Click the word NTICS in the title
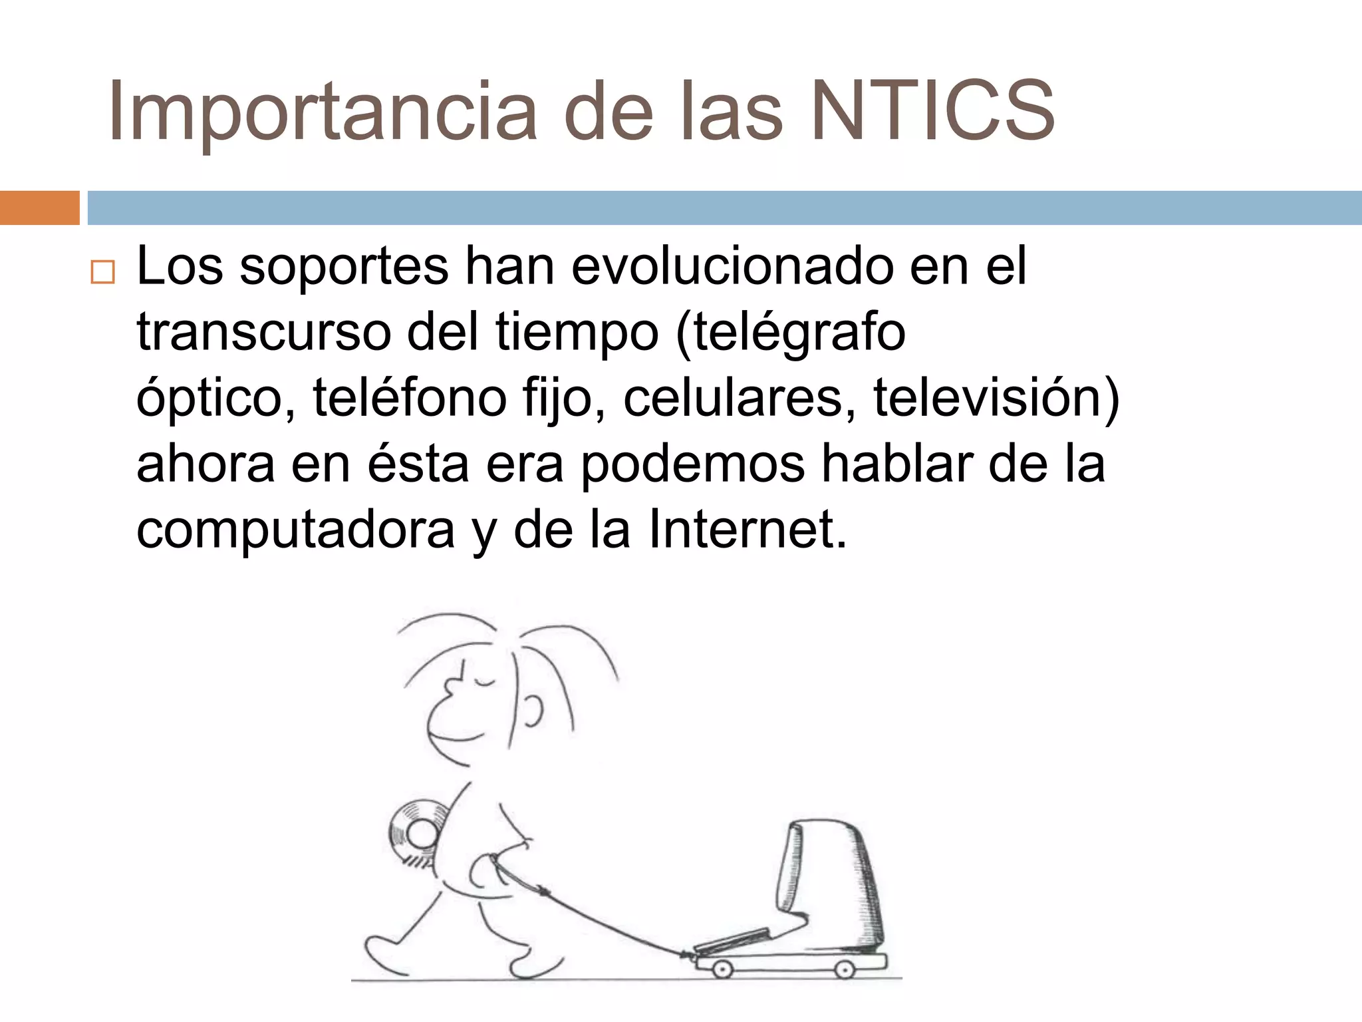click(x=932, y=110)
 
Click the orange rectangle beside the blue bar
click(x=39, y=208)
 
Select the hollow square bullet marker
click(x=102, y=273)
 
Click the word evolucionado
click(x=732, y=266)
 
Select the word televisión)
click(x=996, y=398)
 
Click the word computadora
click(x=295, y=530)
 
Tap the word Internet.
click(x=748, y=530)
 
